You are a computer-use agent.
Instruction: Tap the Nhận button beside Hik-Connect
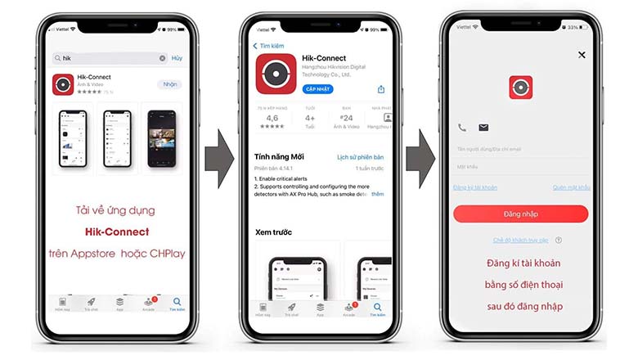[x=169, y=84]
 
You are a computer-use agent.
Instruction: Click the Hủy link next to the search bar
[x=177, y=58]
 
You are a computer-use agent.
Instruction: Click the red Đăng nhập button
[x=520, y=214]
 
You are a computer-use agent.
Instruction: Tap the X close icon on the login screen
[x=582, y=55]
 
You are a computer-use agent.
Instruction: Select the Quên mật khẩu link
[x=571, y=187]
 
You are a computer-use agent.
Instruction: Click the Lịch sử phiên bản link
[x=360, y=156]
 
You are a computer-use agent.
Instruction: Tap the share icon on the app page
[x=380, y=89]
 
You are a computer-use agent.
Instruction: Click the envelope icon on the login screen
[x=483, y=128]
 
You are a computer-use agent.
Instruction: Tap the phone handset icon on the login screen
[x=462, y=128]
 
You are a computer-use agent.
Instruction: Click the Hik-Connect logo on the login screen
[x=520, y=88]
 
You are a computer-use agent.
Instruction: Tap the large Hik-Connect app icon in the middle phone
[x=276, y=74]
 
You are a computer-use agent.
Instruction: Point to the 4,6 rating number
[x=272, y=118]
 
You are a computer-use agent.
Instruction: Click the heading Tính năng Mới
[x=279, y=156]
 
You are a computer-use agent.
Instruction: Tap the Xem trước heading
[x=273, y=232]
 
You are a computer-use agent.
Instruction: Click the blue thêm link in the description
[x=377, y=194]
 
